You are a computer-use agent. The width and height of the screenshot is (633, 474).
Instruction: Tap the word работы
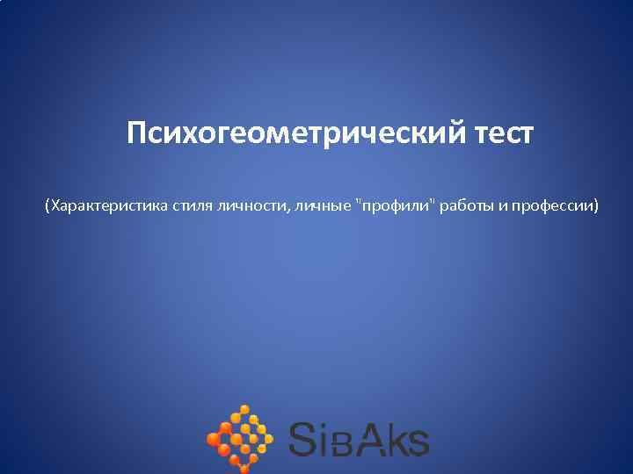469,206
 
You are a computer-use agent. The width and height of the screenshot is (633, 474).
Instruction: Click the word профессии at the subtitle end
557,206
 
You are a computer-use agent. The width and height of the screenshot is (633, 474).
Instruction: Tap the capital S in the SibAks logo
304,439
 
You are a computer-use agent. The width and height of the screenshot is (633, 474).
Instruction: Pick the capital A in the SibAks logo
371,439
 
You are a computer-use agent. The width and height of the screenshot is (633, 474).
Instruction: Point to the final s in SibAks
418,443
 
